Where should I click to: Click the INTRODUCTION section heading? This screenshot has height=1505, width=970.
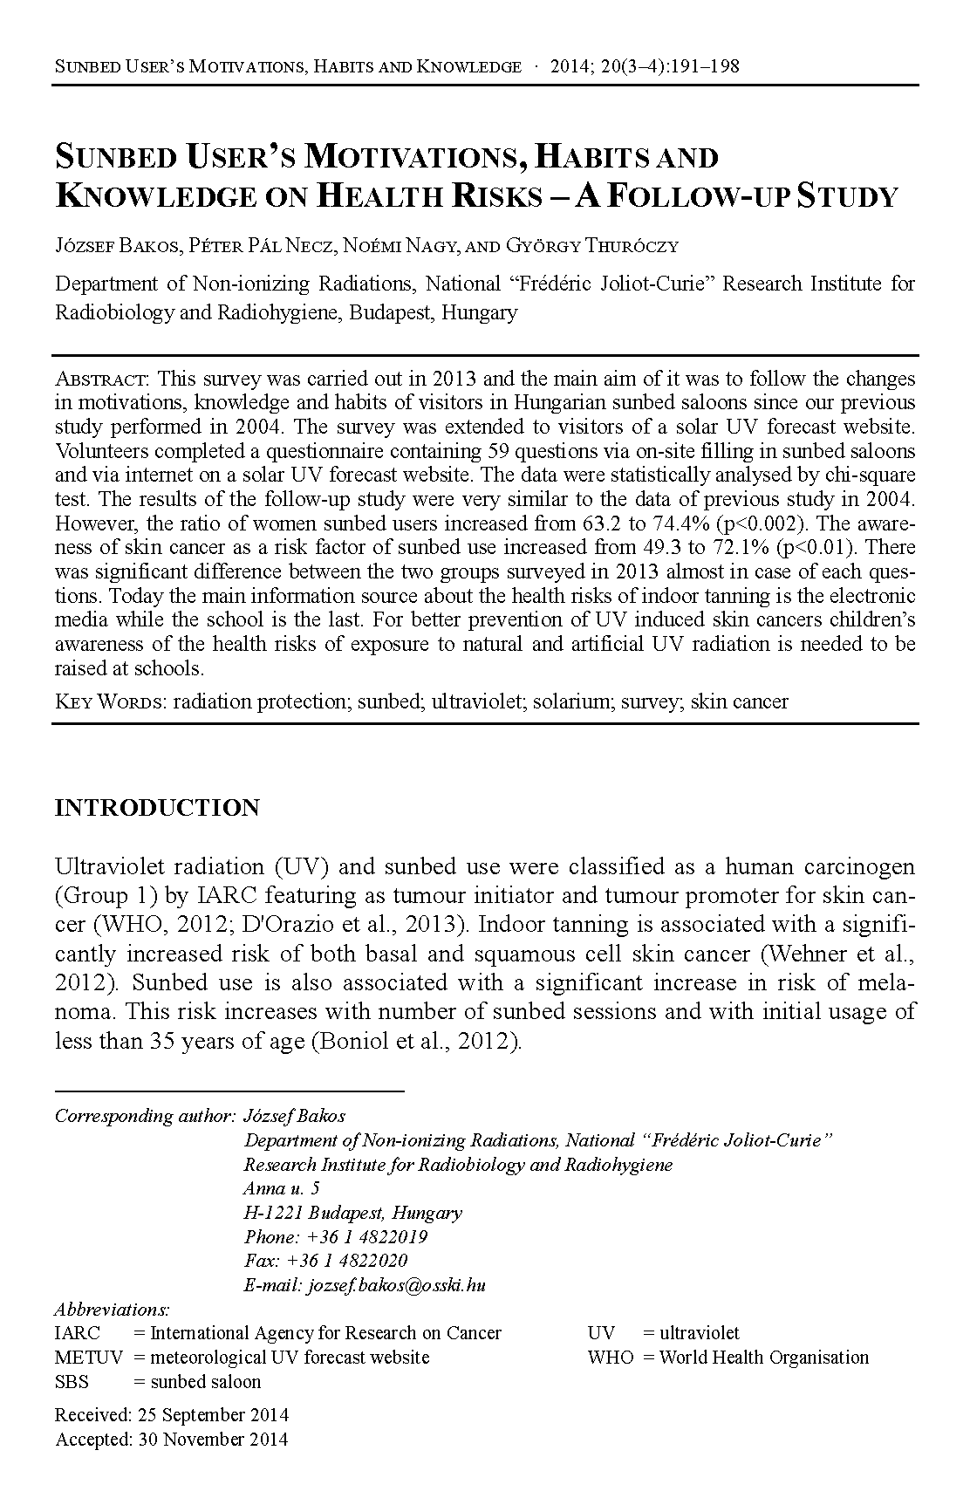[x=157, y=808]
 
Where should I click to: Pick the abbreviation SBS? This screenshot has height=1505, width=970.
[x=72, y=1382]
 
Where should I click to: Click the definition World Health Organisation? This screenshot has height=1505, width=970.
[x=764, y=1358]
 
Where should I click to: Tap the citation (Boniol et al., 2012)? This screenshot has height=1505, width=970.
[x=416, y=1042]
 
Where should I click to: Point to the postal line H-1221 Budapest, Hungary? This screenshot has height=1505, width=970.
[x=352, y=1213]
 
